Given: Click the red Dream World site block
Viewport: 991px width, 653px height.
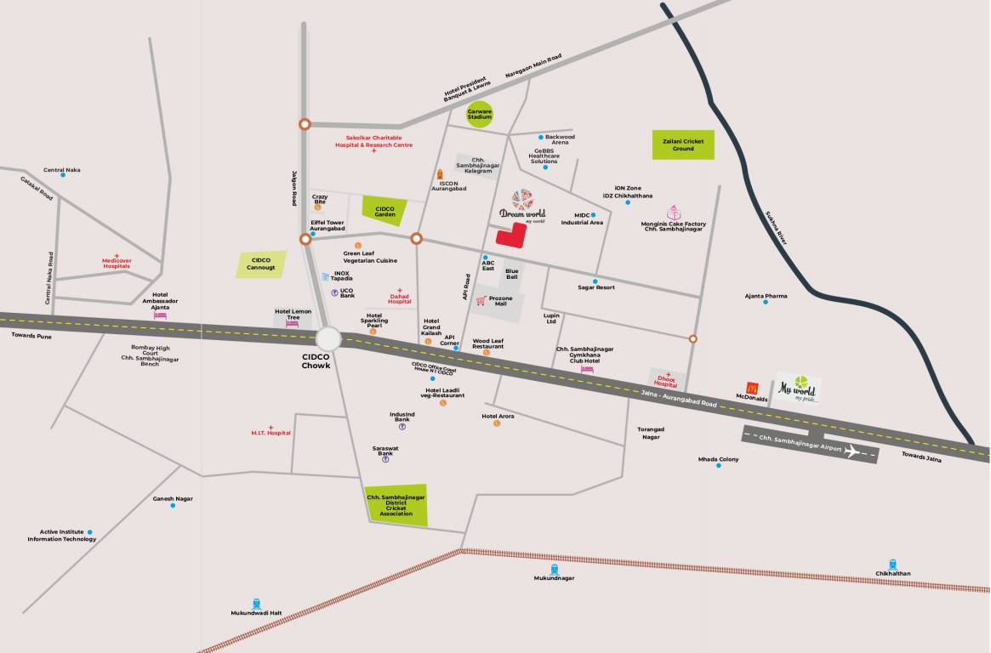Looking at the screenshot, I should [x=510, y=236].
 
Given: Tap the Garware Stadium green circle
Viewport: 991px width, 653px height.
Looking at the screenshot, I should [x=479, y=113].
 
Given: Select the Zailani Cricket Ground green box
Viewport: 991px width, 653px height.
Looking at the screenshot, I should [x=683, y=145].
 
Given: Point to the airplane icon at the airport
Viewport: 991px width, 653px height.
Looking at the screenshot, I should [x=851, y=451].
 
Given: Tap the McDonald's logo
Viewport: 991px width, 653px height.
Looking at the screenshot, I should [x=751, y=389].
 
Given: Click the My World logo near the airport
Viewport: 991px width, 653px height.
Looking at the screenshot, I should [x=798, y=389].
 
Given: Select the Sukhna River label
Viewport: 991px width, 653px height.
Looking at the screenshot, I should [x=777, y=228].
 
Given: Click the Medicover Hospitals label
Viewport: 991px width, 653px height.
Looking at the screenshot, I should [x=117, y=264].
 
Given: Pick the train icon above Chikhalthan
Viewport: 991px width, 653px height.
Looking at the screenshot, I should [x=893, y=564].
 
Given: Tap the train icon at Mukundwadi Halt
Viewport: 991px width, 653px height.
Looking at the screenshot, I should [x=257, y=602].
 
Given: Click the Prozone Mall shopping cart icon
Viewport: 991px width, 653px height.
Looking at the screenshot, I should [x=481, y=299].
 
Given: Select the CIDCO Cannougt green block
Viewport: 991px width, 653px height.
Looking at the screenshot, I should [x=260, y=264].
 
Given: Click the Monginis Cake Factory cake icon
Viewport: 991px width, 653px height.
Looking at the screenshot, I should [x=674, y=213].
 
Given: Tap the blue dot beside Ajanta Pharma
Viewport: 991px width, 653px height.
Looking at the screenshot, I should [x=766, y=303].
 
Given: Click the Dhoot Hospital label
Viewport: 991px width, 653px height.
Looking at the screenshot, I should [x=666, y=383].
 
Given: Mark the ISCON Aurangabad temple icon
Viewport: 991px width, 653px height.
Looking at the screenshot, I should [x=440, y=173].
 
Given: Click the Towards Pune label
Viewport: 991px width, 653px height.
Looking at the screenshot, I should [x=31, y=337].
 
